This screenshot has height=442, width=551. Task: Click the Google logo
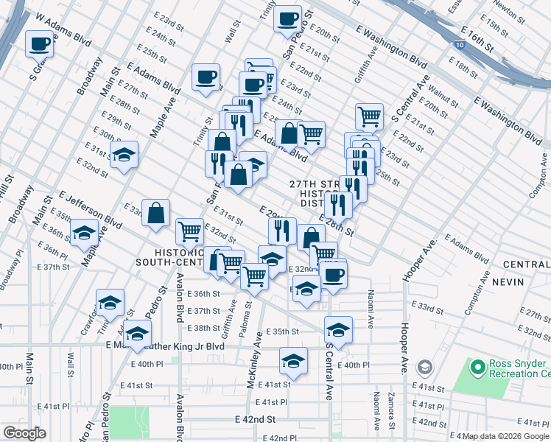click(x=24, y=432)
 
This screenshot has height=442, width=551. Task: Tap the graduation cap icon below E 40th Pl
click(x=293, y=361)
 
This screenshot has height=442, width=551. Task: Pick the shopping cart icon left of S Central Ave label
click(x=368, y=115)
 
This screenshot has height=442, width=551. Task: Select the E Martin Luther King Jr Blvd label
click(x=165, y=345)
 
